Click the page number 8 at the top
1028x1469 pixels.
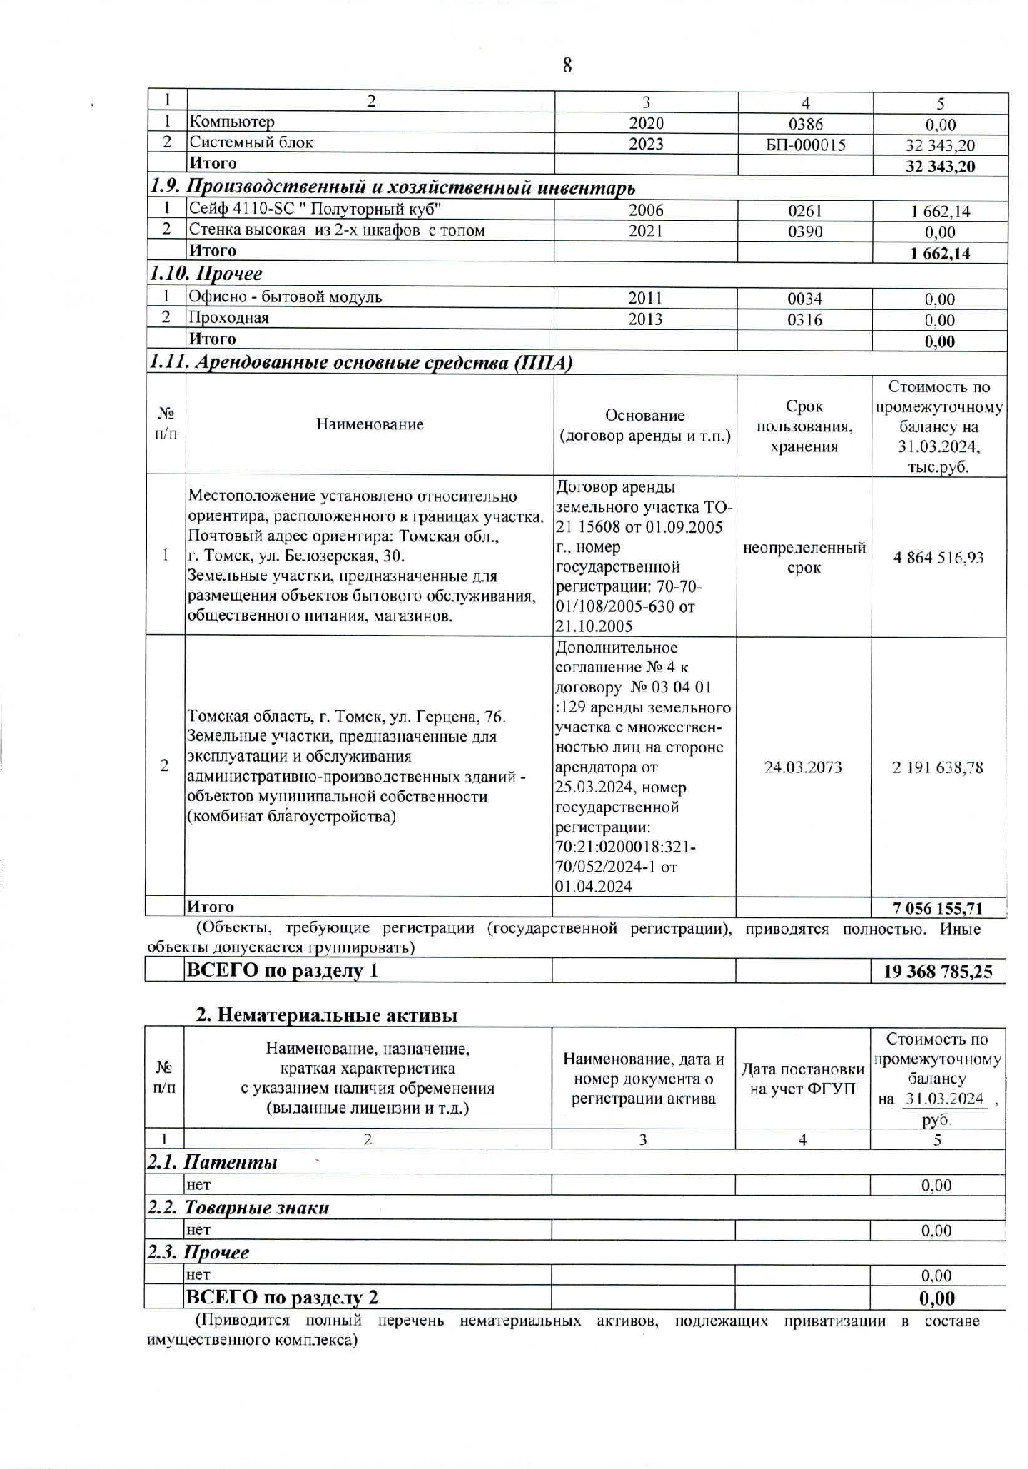[x=568, y=66]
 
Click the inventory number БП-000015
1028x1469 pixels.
[x=805, y=145]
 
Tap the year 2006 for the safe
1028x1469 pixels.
[x=646, y=211]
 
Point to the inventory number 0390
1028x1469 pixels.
[x=805, y=232]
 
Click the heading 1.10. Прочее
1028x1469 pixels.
[x=206, y=274]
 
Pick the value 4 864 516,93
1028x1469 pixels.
[x=938, y=558]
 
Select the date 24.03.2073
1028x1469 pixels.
[x=803, y=767]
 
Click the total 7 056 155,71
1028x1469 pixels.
[x=938, y=908]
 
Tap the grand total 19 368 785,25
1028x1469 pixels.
[x=937, y=971]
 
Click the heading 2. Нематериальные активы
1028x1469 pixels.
[x=326, y=1015]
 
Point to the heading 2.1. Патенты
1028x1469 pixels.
[x=213, y=1163]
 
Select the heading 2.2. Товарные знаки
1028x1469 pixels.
[x=238, y=1208]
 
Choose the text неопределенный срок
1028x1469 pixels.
[x=804, y=558]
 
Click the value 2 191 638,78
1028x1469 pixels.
[x=938, y=767]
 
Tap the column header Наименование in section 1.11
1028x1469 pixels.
[x=370, y=424]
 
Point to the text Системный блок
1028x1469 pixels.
[x=251, y=142]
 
